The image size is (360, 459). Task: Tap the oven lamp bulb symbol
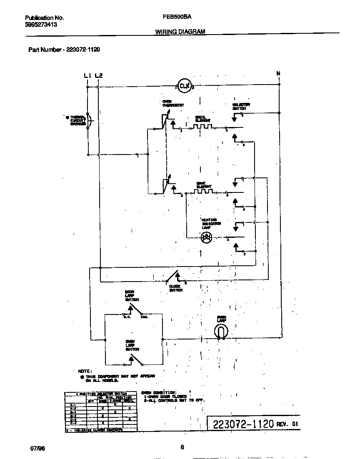click(221, 332)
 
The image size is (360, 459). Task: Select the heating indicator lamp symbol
click(206, 237)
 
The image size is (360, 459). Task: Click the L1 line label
click(87, 75)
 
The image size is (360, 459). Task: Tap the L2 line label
click(98, 75)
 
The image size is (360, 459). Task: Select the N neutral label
click(278, 74)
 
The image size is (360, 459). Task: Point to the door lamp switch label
click(132, 296)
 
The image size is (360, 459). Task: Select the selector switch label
click(241, 106)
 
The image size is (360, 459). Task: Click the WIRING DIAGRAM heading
click(180, 32)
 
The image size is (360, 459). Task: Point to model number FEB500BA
click(174, 18)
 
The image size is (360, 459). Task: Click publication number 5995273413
click(41, 25)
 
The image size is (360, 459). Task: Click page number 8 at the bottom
click(182, 447)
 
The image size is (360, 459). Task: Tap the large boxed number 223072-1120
click(243, 424)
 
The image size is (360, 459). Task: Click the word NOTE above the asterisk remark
click(85, 371)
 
